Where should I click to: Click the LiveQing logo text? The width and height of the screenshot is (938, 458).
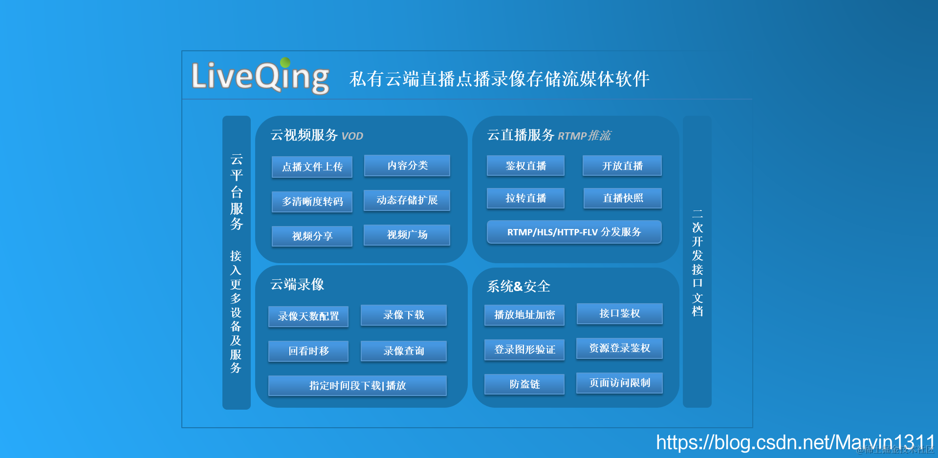point(260,76)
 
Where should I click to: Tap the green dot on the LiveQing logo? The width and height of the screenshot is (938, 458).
point(285,62)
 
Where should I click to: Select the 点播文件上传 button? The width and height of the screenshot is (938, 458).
point(312,167)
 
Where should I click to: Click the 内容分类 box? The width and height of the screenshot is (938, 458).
point(407,166)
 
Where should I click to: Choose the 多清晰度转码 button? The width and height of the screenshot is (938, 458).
point(312,202)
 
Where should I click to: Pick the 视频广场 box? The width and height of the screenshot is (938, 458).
point(407,235)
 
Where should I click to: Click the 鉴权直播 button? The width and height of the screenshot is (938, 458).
point(525,166)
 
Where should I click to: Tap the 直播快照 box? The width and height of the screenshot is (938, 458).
point(622,198)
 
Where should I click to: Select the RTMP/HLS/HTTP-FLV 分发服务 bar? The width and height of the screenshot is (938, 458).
point(574,232)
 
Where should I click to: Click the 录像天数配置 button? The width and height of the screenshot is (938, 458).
point(308,316)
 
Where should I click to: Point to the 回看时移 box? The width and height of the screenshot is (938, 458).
point(308,351)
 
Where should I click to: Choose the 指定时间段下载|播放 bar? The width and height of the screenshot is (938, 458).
point(357,386)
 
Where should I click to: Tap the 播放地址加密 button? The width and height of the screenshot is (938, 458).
point(524,315)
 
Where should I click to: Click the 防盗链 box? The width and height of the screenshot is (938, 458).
point(524,384)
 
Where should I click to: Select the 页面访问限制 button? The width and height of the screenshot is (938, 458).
point(619,383)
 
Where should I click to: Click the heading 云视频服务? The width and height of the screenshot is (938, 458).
point(304,135)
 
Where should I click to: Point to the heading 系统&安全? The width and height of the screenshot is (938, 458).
point(518,287)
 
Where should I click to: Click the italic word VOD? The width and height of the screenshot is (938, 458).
point(352,136)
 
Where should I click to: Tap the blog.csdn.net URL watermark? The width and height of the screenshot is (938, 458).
point(795,442)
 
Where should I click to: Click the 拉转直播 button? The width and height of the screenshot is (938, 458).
point(525,198)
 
